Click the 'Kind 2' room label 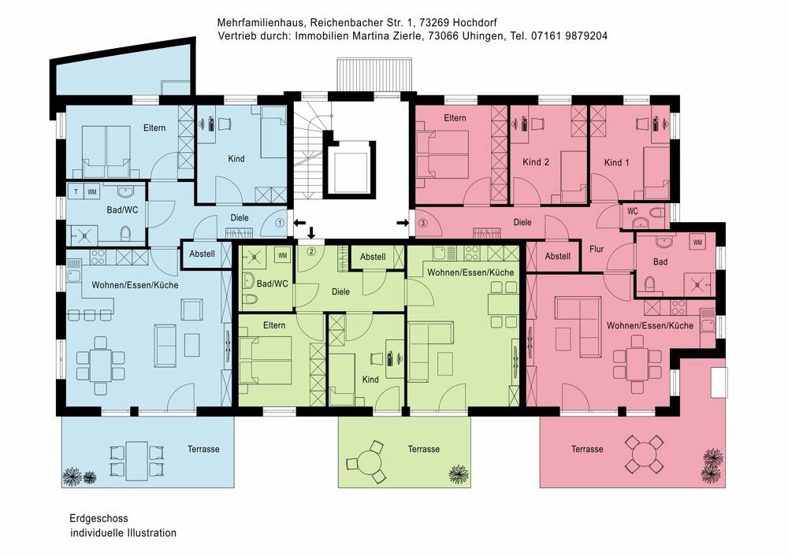536,161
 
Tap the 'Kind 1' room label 617,162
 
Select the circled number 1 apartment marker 280,223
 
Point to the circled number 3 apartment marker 422,223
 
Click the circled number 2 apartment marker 311,251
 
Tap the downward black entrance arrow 311,232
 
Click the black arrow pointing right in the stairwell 403,223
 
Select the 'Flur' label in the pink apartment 597,249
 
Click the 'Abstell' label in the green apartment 373,257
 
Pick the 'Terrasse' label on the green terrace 424,449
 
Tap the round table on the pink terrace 645,454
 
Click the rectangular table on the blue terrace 136,461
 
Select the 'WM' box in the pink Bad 698,242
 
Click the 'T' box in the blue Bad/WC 76,192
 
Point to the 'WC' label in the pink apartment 633,211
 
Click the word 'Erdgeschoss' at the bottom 98,518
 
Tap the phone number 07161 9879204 569,35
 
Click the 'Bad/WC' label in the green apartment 273,284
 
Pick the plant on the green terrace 459,473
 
